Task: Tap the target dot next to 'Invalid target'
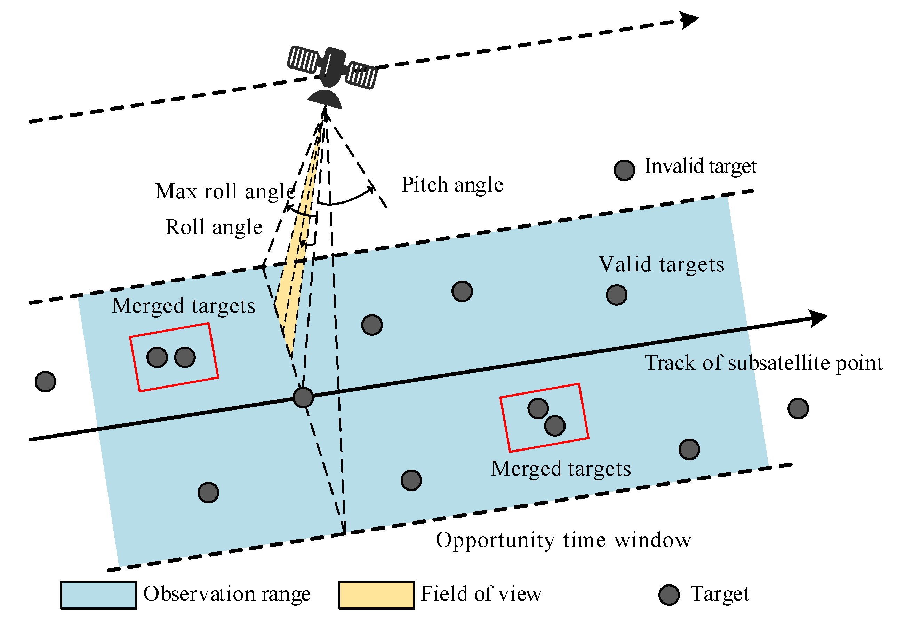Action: (624, 170)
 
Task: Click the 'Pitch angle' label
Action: (452, 185)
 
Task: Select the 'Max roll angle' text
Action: (225, 191)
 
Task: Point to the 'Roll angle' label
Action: (214, 228)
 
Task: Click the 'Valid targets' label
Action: (662, 265)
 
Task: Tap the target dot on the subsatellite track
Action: (303, 398)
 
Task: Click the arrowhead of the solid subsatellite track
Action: (818, 318)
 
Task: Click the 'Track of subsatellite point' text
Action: (763, 363)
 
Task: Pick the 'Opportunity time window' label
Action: (563, 540)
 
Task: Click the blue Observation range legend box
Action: (98, 595)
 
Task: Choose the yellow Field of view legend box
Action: (376, 595)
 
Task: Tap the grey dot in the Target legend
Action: (669, 595)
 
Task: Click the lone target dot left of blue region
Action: (45, 382)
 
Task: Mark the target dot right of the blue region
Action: (798, 409)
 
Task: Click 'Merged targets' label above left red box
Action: (184, 306)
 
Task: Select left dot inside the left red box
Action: (157, 357)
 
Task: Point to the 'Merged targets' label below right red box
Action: (561, 469)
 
